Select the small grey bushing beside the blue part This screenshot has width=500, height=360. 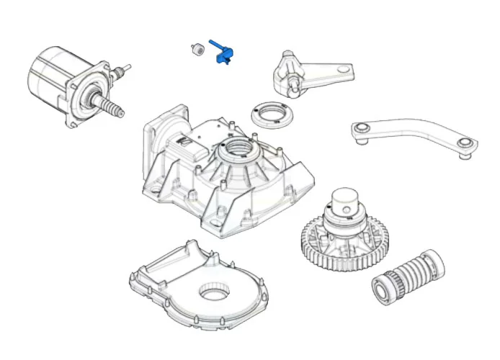point(194,50)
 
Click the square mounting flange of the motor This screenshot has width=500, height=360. point(85,97)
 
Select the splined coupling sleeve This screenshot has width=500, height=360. point(406,273)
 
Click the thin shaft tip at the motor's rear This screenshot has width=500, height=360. point(128,68)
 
